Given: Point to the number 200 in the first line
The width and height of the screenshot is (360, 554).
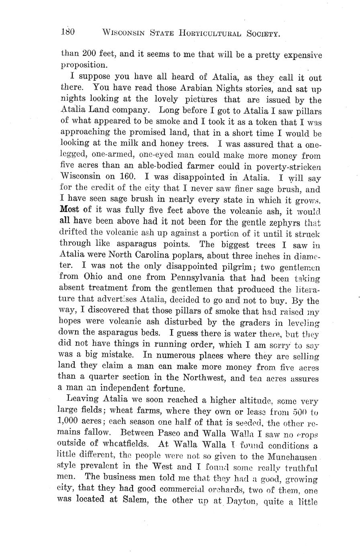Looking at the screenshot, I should [89, 55].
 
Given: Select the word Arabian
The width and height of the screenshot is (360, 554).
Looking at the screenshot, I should [192, 88].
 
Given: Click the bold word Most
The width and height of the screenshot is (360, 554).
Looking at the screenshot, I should [70, 210].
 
